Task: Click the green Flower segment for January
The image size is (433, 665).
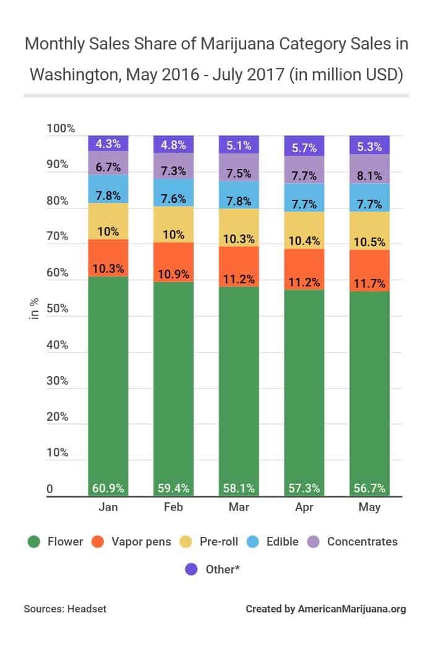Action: pos(108,384)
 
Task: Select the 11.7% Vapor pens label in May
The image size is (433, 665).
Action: pos(369,284)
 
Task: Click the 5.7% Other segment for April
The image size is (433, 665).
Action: pos(304,148)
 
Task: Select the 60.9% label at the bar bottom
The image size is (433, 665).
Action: pos(108,488)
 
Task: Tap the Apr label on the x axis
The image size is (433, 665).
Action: pos(304,508)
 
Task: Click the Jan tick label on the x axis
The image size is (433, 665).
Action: pos(108,508)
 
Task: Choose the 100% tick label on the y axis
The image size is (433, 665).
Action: pos(61,129)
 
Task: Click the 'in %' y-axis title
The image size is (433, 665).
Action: pos(35,307)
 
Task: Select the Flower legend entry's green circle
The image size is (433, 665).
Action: pos(35,541)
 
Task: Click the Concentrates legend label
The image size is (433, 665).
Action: pos(362,541)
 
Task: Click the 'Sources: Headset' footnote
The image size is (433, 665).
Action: pos(65,609)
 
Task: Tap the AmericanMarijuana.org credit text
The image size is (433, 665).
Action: pos(352,609)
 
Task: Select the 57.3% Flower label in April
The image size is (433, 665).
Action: pos(304,488)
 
